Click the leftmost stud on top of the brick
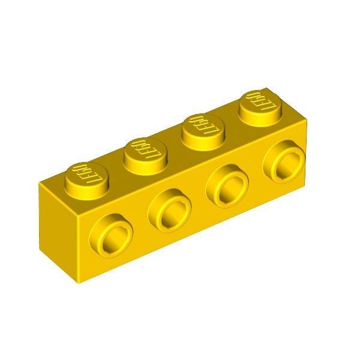86,181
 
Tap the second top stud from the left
145,156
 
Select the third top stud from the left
203,132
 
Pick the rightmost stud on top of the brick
260,109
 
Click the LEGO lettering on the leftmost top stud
86,173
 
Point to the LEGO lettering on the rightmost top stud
260,101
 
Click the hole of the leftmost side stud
112,241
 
